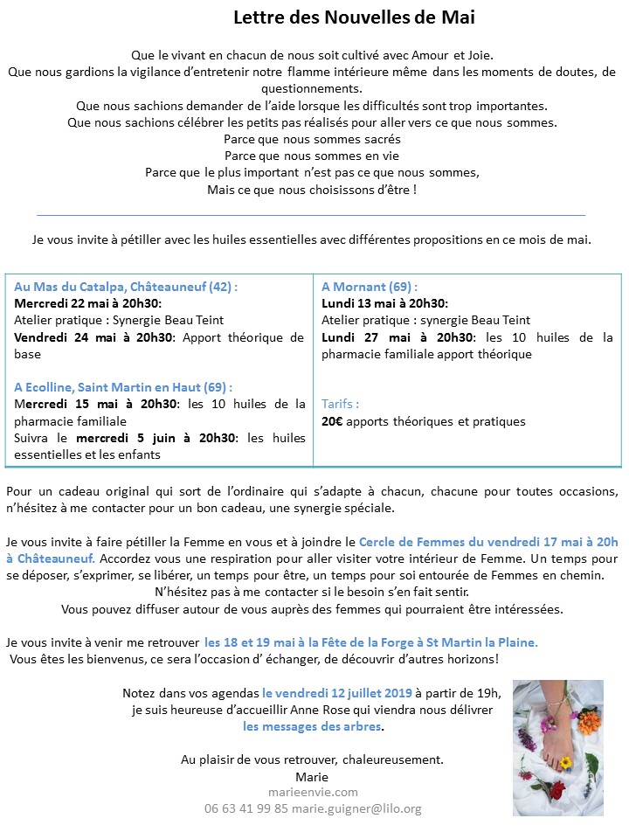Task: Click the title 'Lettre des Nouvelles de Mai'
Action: click(354, 17)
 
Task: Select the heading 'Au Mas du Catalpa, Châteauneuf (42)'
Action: click(127, 286)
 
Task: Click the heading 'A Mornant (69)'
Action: click(370, 286)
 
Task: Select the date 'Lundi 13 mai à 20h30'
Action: click(384, 303)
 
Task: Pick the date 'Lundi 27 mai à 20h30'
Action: click(397, 337)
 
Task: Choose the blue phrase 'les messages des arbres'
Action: click(313, 726)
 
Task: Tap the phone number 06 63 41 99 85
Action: click(246, 808)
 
